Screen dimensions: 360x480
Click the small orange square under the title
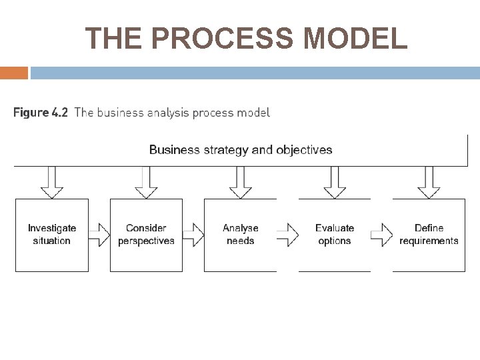[x=14, y=73]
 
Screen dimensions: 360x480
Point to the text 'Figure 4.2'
[x=41, y=113]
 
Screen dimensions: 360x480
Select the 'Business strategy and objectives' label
[x=241, y=149]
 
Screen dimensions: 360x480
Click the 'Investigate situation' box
[x=52, y=235]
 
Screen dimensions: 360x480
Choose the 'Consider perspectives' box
[x=146, y=235]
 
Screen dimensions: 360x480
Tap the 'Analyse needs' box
[x=240, y=235]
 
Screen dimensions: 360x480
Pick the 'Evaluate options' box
[x=334, y=235]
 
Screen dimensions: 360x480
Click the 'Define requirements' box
[x=429, y=235]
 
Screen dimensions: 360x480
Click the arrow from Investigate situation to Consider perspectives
[x=99, y=234]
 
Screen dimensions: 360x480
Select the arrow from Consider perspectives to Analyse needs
[x=193, y=234]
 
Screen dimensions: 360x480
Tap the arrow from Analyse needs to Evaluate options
[x=287, y=234]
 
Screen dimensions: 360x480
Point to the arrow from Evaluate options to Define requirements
[x=381, y=234]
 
